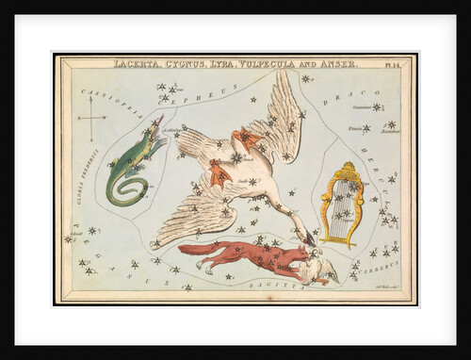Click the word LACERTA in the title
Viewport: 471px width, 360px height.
pos(135,64)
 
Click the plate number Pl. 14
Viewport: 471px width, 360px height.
pos(394,64)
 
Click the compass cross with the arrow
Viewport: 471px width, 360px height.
pos(91,125)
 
